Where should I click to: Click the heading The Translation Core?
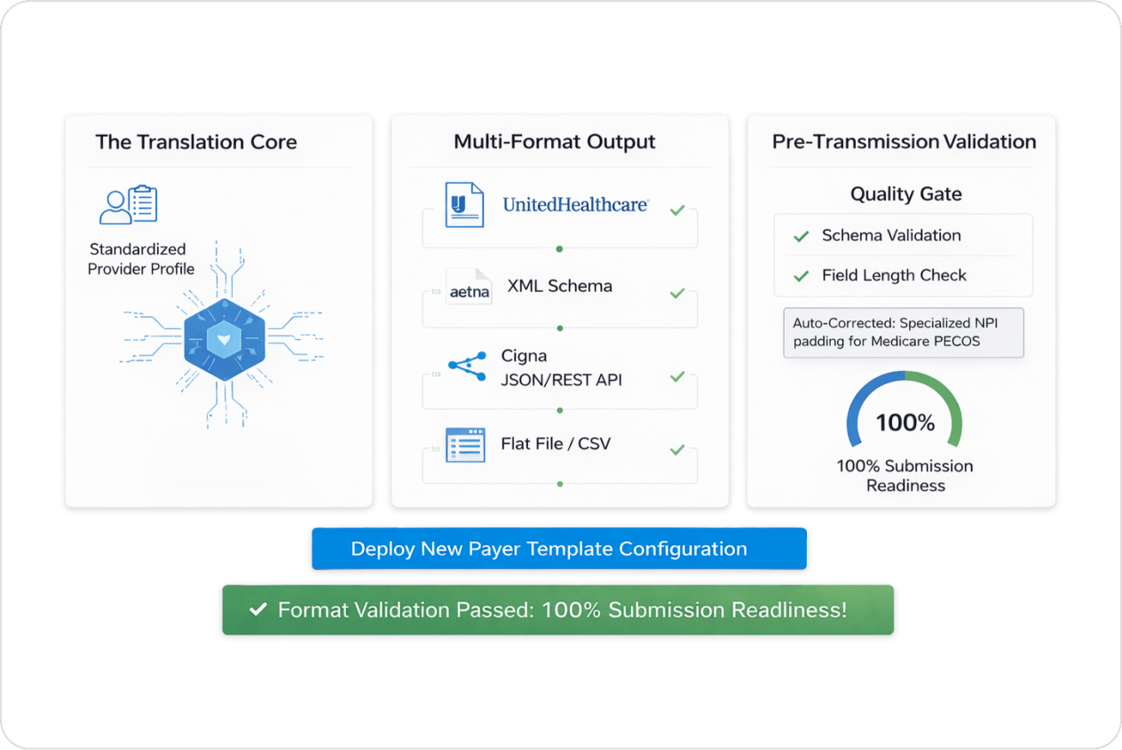click(x=196, y=142)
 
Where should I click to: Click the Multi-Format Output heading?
click(x=554, y=142)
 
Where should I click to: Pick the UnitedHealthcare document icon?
click(x=463, y=204)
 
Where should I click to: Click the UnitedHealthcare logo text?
click(x=575, y=204)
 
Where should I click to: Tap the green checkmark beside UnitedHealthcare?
click(x=677, y=210)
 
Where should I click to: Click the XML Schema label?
click(x=559, y=286)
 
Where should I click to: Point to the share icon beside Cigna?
click(x=467, y=366)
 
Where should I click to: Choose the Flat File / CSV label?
click(x=556, y=444)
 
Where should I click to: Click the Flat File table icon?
click(x=465, y=444)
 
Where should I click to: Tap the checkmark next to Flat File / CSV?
click(x=677, y=450)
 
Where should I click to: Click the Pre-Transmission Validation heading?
click(x=904, y=142)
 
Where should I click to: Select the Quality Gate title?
click(x=905, y=193)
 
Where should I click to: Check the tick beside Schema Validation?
click(x=802, y=236)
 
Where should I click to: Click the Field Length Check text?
click(x=894, y=275)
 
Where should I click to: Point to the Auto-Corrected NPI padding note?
click(x=903, y=332)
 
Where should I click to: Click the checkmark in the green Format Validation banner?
click(x=259, y=610)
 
